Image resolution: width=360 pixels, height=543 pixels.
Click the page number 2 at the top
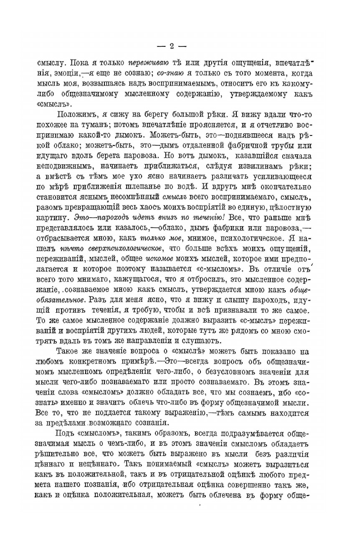point(171,46)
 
